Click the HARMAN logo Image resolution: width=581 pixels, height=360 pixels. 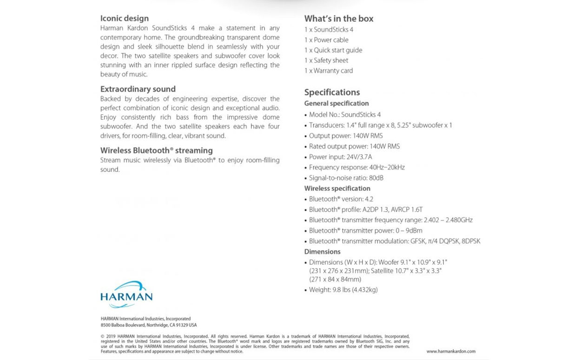click(126, 294)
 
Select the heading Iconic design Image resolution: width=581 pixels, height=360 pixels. click(125, 19)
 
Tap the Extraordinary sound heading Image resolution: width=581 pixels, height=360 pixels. click(138, 89)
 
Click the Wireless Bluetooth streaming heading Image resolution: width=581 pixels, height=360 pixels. click(157, 151)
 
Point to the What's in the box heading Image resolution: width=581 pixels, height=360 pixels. click(339, 19)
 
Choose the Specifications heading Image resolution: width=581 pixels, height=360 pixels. click(332, 92)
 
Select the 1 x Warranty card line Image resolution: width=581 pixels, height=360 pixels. click(329, 71)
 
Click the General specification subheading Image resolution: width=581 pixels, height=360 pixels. click(337, 103)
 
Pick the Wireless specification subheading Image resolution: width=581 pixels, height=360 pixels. click(337, 188)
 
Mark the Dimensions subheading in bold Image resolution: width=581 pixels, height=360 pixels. click(323, 251)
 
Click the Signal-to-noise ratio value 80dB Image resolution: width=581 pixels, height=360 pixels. click(376, 178)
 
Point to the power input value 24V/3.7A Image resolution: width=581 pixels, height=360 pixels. click(359, 157)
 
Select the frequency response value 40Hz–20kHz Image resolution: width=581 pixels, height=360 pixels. click(387, 167)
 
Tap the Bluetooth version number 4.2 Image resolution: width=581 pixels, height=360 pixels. click(369, 199)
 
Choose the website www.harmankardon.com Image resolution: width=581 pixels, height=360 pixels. click(451, 351)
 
